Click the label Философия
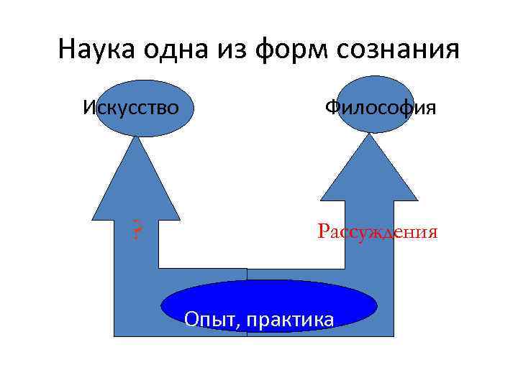[380, 108]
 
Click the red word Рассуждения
[377, 232]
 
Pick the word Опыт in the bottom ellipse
[210, 318]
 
